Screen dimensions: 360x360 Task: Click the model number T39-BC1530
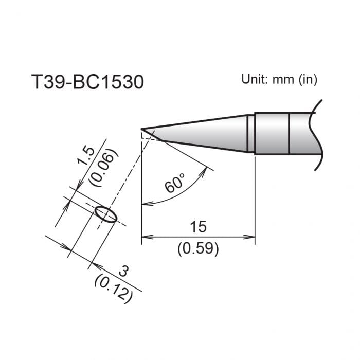click(87, 82)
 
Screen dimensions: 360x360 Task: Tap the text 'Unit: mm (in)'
click(279, 79)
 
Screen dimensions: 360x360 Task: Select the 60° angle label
click(175, 184)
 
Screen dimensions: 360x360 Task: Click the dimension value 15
click(198, 226)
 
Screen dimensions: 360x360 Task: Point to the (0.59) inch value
click(198, 249)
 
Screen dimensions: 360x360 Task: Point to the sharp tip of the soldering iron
click(142, 129)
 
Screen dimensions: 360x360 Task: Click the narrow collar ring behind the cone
click(250, 133)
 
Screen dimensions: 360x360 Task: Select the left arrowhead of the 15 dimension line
click(145, 237)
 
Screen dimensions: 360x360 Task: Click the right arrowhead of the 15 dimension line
click(252, 237)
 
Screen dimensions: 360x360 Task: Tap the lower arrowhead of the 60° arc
click(145, 204)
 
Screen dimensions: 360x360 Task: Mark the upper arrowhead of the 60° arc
click(209, 169)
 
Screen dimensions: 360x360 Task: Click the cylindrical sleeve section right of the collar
click(272, 133)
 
